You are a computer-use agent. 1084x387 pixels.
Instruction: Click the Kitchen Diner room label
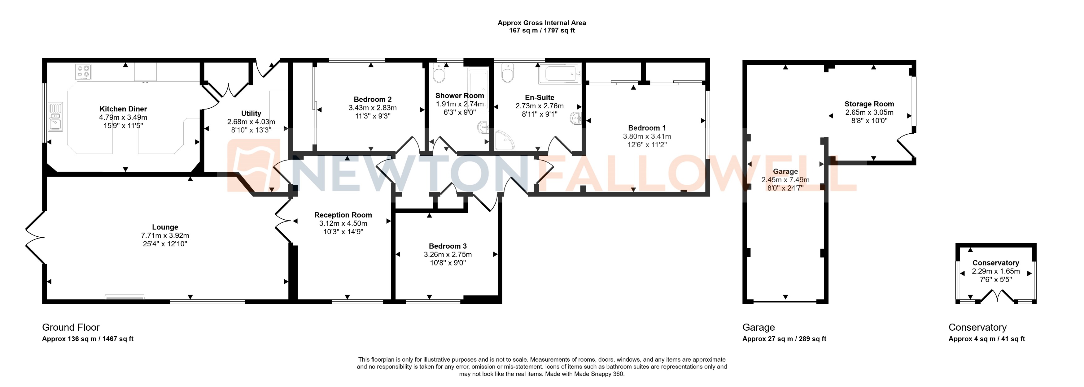click(123, 109)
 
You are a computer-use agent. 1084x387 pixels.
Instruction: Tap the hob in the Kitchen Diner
click(83, 72)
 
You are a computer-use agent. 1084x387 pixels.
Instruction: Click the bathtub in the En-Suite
click(560, 74)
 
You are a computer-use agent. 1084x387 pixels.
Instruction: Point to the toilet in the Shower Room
click(439, 75)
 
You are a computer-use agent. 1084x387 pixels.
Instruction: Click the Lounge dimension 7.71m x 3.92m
click(165, 235)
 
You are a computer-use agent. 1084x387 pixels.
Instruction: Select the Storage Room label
click(869, 104)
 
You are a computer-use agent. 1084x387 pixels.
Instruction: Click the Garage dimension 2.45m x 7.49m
click(785, 180)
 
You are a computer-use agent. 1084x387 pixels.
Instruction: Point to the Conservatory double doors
click(997, 297)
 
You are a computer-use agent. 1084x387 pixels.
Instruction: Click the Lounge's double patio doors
click(35, 237)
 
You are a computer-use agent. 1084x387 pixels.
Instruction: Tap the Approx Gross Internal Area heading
click(542, 23)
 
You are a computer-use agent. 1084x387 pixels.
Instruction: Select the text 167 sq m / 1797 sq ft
click(542, 31)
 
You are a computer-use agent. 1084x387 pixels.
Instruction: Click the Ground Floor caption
click(71, 327)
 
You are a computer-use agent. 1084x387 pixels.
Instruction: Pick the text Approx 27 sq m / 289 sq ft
click(784, 339)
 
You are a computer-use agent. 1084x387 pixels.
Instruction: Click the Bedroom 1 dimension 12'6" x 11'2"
click(647, 144)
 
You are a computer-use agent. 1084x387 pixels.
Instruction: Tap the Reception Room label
click(343, 215)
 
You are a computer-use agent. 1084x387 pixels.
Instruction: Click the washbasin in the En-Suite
click(576, 118)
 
